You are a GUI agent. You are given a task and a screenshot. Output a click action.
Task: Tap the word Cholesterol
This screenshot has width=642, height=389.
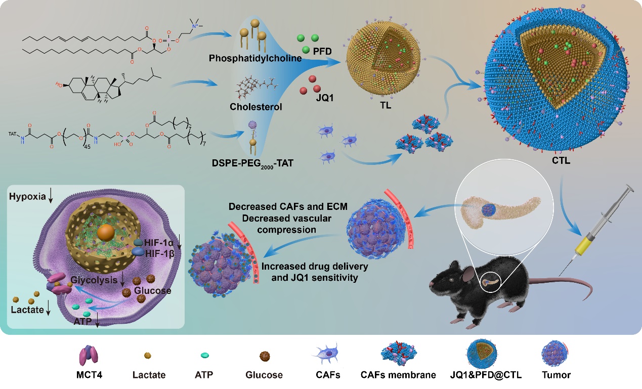[x=255, y=107]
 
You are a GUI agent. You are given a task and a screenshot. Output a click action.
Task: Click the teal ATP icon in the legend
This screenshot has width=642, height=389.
[x=204, y=356]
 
